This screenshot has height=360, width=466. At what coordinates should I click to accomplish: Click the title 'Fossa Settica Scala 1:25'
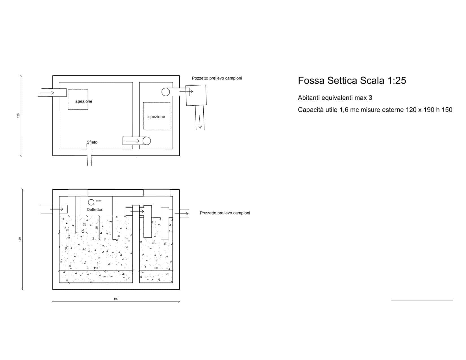click(x=352, y=81)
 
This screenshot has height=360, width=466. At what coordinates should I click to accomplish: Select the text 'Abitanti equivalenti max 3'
click(x=335, y=98)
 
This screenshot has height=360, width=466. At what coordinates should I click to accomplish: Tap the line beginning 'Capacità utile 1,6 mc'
click(x=375, y=110)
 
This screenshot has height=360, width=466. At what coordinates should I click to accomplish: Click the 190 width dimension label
click(x=116, y=299)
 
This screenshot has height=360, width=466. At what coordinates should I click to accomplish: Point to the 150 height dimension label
click(x=20, y=239)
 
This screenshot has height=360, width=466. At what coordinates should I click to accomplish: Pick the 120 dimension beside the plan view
click(x=18, y=115)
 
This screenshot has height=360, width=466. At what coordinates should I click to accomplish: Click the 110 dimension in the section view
click(x=96, y=268)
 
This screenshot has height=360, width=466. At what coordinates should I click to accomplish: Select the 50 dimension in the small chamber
click(x=156, y=268)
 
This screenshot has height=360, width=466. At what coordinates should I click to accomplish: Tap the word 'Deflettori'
click(x=95, y=210)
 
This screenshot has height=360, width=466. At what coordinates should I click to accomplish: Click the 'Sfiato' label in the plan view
click(x=92, y=142)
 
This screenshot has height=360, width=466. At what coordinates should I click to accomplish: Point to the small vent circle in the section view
click(x=91, y=202)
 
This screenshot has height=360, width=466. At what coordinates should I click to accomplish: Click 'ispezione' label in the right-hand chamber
click(x=156, y=117)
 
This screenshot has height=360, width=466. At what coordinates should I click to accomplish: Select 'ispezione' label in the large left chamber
click(x=83, y=101)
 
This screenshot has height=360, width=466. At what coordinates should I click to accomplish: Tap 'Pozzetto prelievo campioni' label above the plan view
click(x=217, y=78)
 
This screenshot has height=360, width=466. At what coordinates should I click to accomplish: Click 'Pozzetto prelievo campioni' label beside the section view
click(x=225, y=213)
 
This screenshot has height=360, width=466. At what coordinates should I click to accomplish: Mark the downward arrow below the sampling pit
click(x=200, y=122)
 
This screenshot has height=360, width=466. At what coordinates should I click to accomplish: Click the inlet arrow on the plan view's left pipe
click(x=47, y=93)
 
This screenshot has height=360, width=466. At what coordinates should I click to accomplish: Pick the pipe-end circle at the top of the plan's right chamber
click(x=166, y=92)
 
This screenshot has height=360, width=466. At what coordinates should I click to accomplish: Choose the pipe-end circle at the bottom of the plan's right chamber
click(x=147, y=141)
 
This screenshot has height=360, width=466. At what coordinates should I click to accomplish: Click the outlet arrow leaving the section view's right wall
click(x=182, y=213)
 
